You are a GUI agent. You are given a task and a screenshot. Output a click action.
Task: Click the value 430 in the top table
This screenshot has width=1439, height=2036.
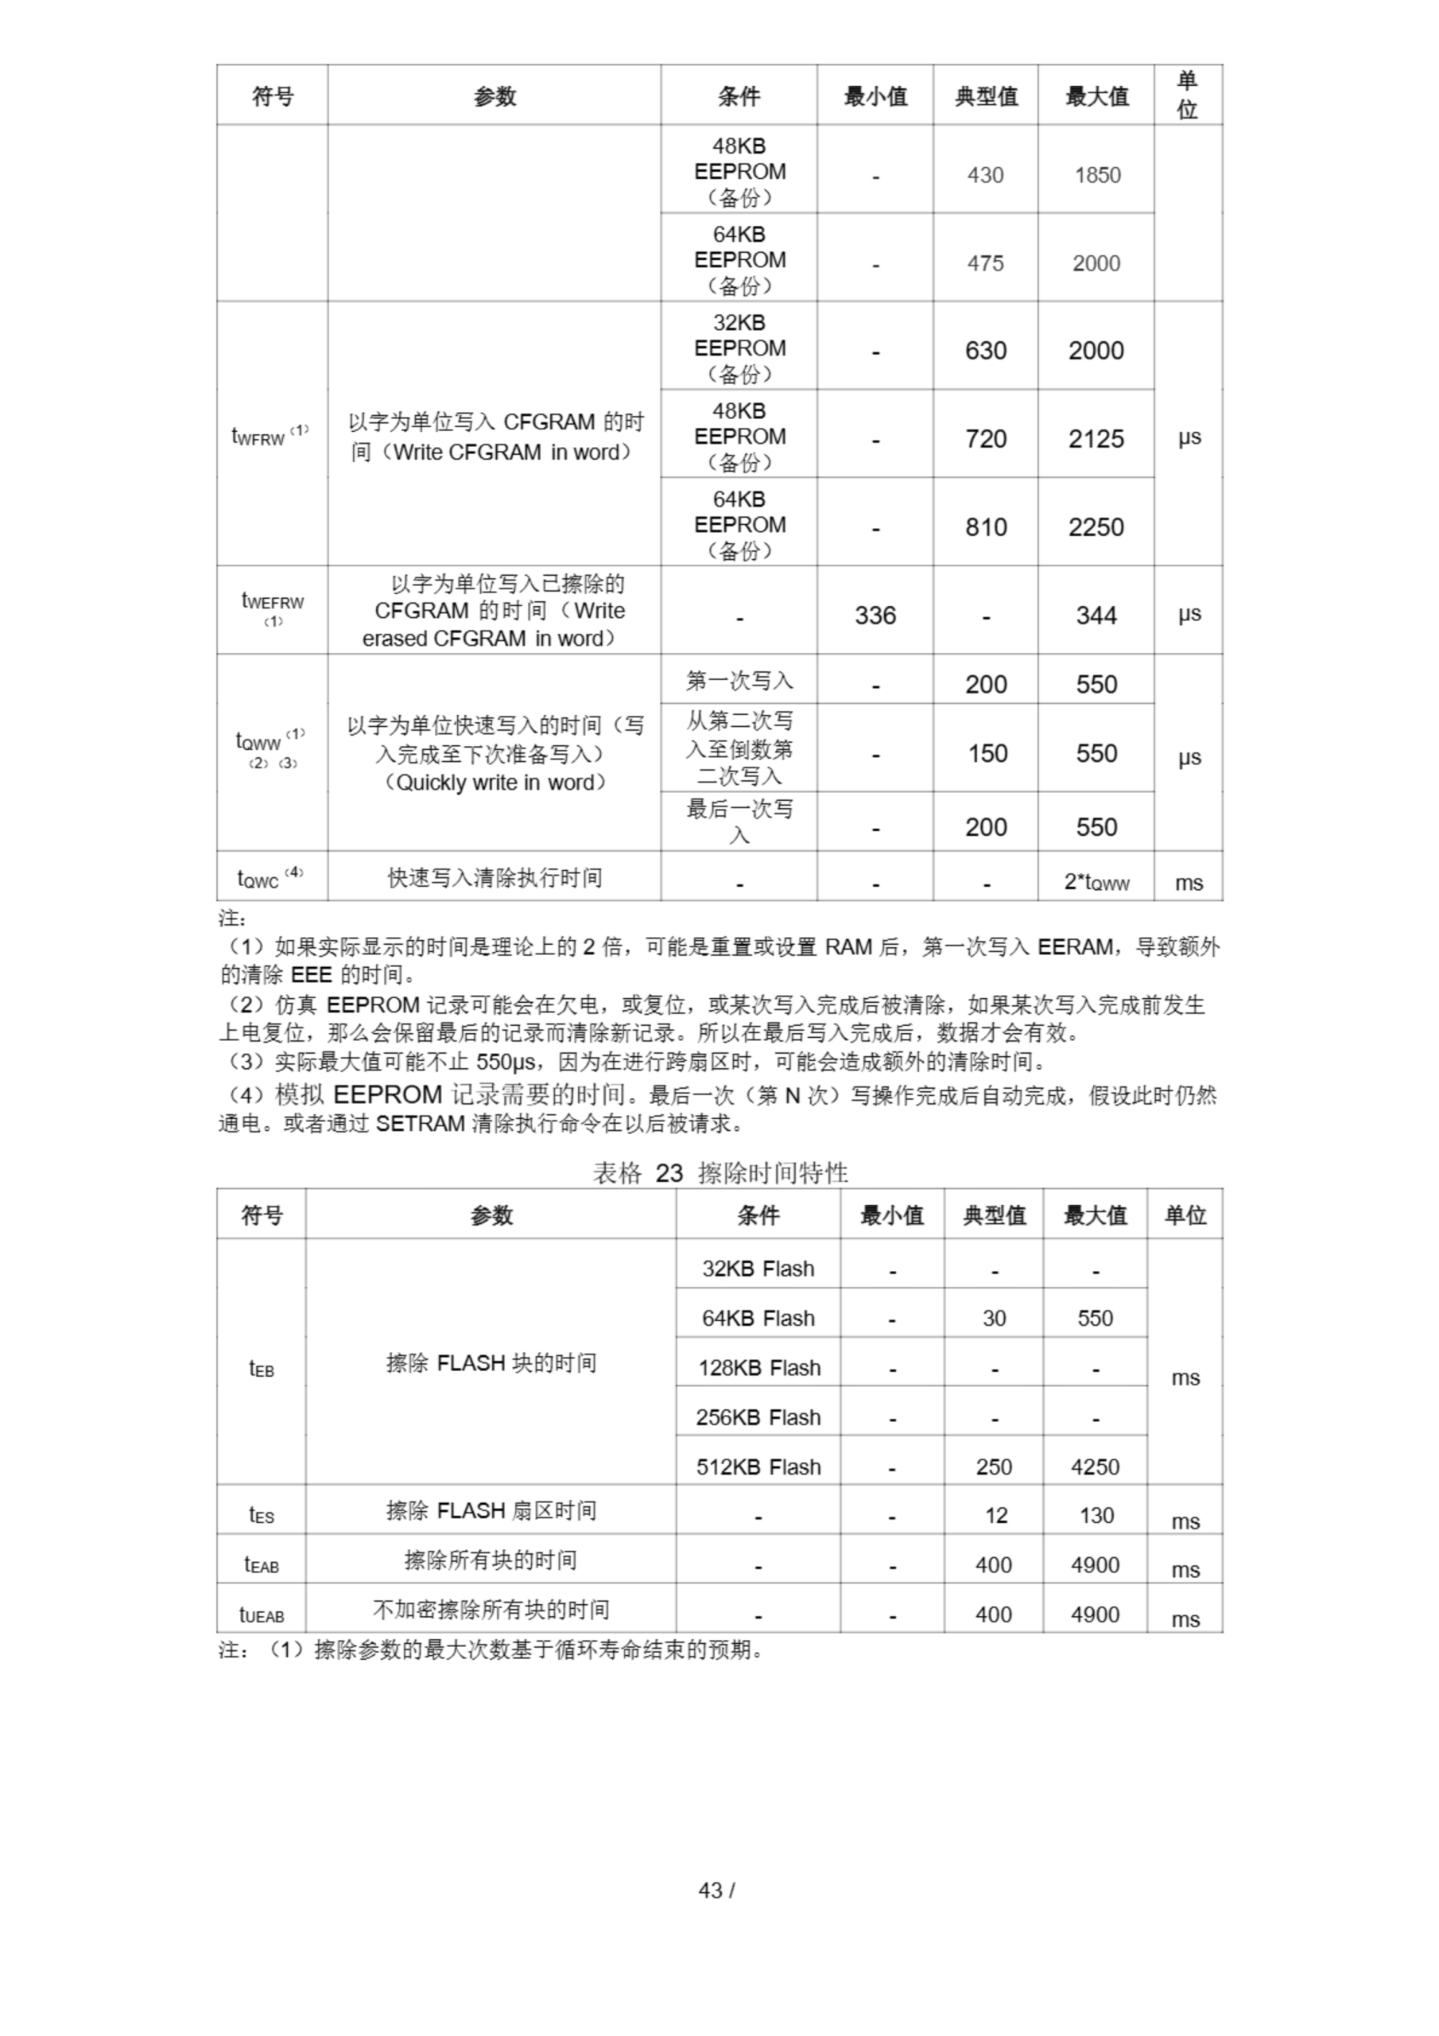pos(985,175)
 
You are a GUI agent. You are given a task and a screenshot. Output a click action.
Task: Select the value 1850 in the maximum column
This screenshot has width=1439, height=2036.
pos(1097,175)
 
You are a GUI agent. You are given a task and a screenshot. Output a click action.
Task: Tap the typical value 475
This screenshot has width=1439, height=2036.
pos(985,263)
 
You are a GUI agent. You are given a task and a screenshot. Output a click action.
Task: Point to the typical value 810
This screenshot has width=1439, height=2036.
pos(985,526)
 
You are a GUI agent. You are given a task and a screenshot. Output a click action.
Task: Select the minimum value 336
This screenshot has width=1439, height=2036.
pos(875,616)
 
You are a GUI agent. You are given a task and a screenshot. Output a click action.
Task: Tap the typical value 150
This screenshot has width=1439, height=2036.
pos(986,754)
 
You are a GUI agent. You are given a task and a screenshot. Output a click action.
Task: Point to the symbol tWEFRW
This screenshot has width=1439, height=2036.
pos(272,604)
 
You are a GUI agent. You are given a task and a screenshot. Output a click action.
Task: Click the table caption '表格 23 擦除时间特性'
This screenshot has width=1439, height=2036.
pos(720,1173)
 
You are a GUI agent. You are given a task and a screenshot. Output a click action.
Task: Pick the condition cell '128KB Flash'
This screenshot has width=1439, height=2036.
pos(758,1367)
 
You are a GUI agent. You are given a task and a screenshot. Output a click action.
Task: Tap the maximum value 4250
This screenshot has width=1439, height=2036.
pos(1095,1467)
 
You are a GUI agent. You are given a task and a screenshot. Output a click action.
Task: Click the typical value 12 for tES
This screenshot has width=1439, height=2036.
pos(995,1516)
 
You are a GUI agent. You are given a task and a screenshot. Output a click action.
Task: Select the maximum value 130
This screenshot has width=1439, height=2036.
pos(1096,1516)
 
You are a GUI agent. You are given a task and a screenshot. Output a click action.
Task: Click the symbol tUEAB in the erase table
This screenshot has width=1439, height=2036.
pos(262,1614)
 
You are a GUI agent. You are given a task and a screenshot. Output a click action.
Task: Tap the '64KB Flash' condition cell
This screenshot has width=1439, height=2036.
pos(758,1318)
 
